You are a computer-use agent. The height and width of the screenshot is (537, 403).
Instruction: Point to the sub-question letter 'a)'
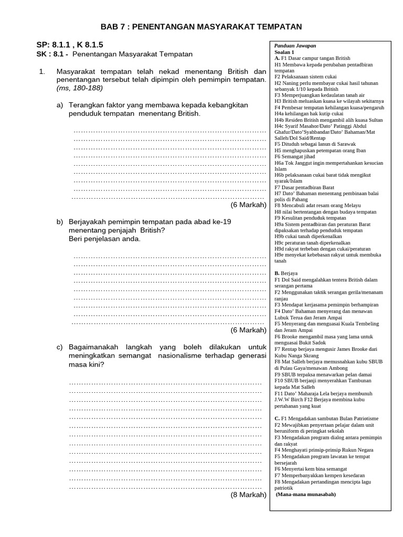pos(60,105)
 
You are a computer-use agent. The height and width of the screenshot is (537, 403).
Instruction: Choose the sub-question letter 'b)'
pos(60,222)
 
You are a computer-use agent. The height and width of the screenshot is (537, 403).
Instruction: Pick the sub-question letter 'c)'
pos(60,347)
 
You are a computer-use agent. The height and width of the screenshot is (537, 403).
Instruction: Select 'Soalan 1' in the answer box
pos(284,52)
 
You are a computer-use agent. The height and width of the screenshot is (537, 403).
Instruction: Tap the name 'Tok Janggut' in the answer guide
pos(301,163)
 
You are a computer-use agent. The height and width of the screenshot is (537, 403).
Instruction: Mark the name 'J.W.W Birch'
pos(288,400)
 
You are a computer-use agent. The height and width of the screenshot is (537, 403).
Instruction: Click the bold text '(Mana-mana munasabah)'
pos(306,494)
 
